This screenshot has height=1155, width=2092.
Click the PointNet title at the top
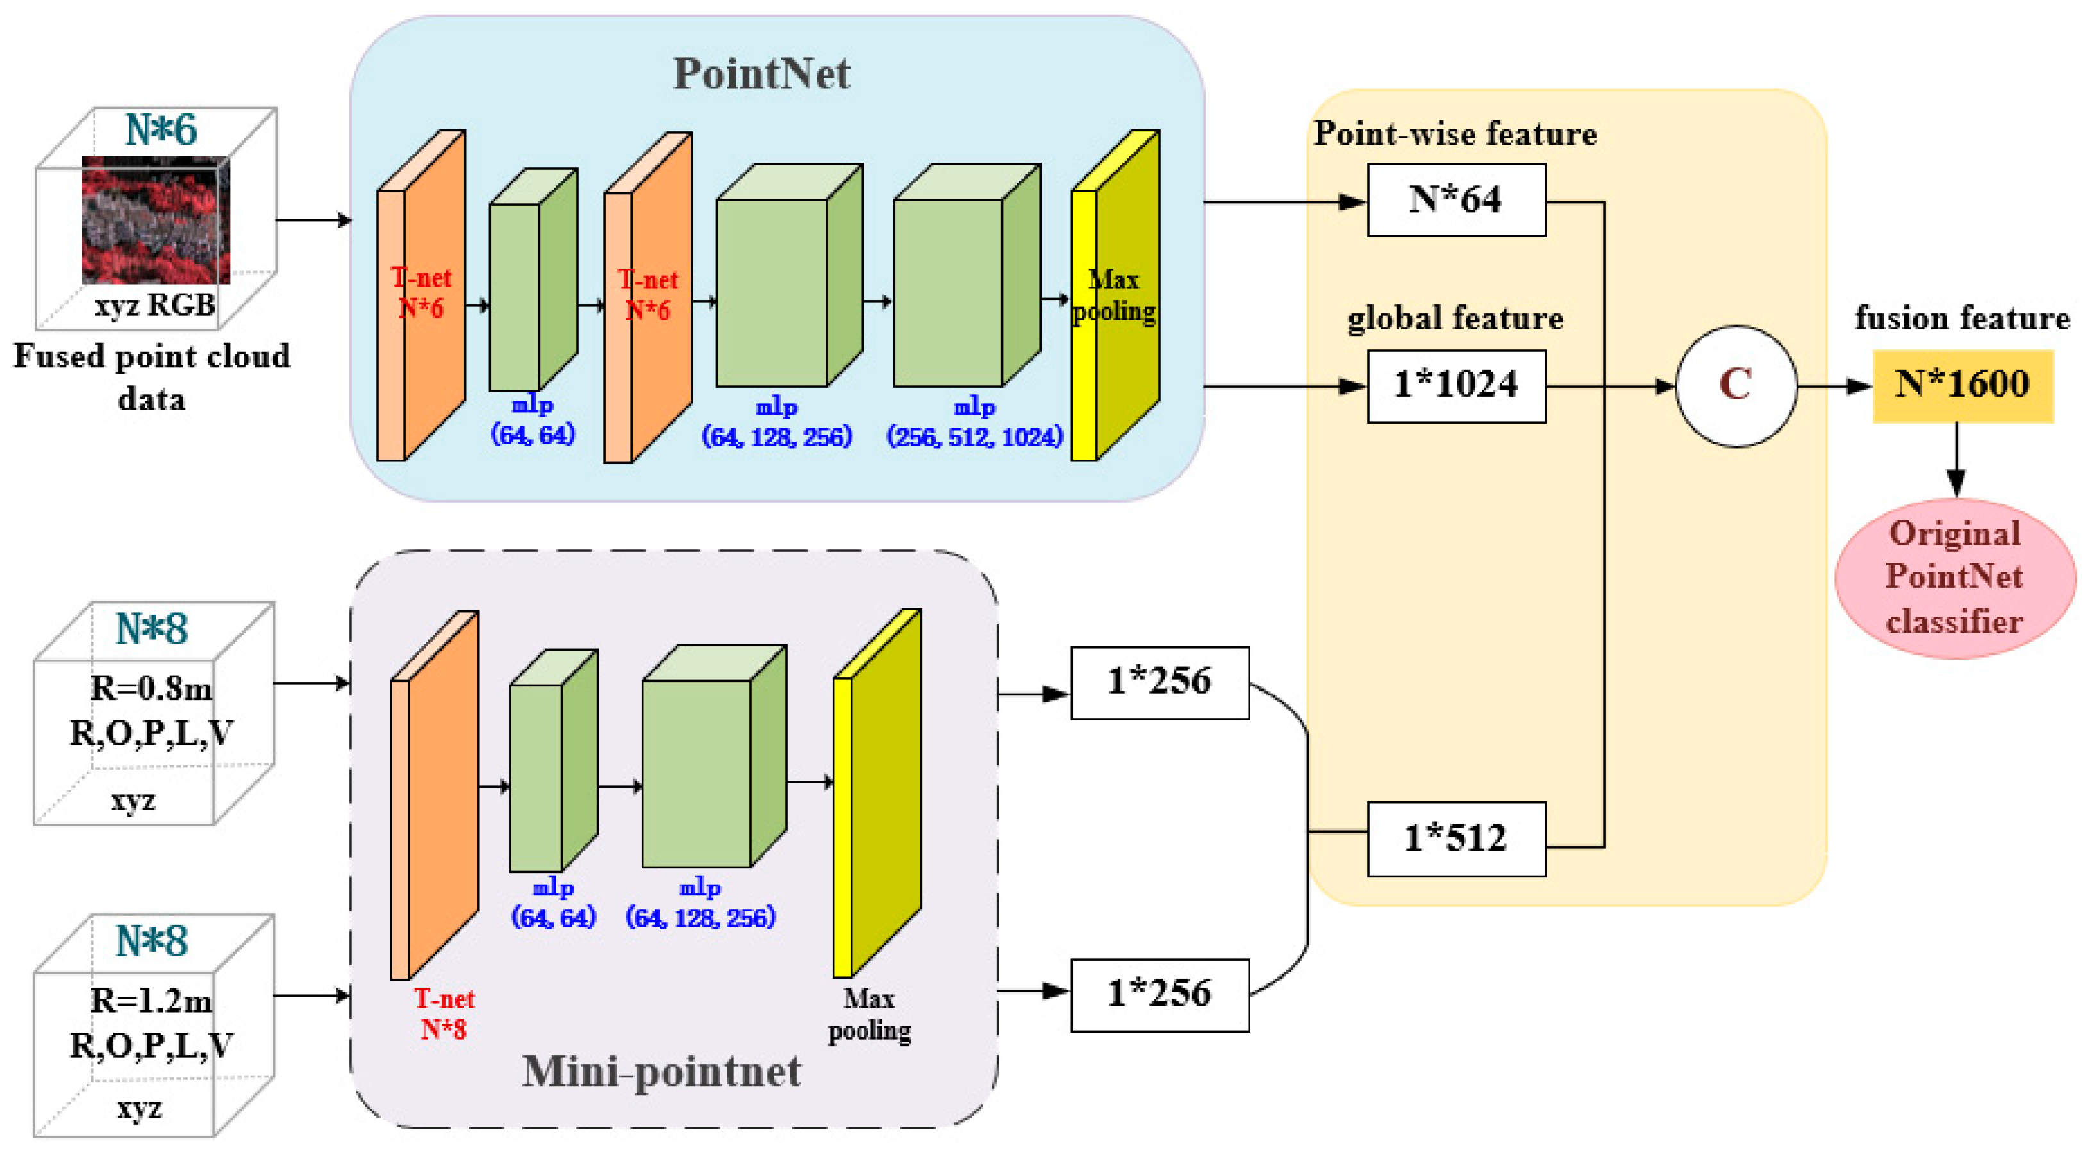(x=761, y=74)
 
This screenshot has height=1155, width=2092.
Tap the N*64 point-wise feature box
(x=1456, y=200)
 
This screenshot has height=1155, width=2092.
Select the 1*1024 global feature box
(x=1456, y=385)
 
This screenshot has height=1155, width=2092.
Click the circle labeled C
(x=1736, y=385)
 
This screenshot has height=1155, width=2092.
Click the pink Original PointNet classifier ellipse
(x=1954, y=577)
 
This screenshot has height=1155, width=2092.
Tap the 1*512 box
(x=1456, y=838)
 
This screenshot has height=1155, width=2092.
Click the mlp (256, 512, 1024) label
(x=974, y=422)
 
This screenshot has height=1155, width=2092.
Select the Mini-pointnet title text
(x=661, y=1070)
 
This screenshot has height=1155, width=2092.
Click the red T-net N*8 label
(x=444, y=1014)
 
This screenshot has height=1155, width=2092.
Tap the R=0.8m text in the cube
(x=151, y=689)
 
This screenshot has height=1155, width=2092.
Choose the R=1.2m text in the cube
(x=151, y=1001)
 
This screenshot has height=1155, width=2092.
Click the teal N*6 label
(x=161, y=130)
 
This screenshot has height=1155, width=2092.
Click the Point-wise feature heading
(x=1456, y=134)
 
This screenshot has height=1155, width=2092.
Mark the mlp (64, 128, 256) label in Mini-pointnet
(x=700, y=903)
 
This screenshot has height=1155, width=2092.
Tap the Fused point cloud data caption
(x=151, y=377)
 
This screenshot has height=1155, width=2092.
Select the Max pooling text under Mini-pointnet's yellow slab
(x=869, y=1014)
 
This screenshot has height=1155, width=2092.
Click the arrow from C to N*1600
(x=1834, y=386)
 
